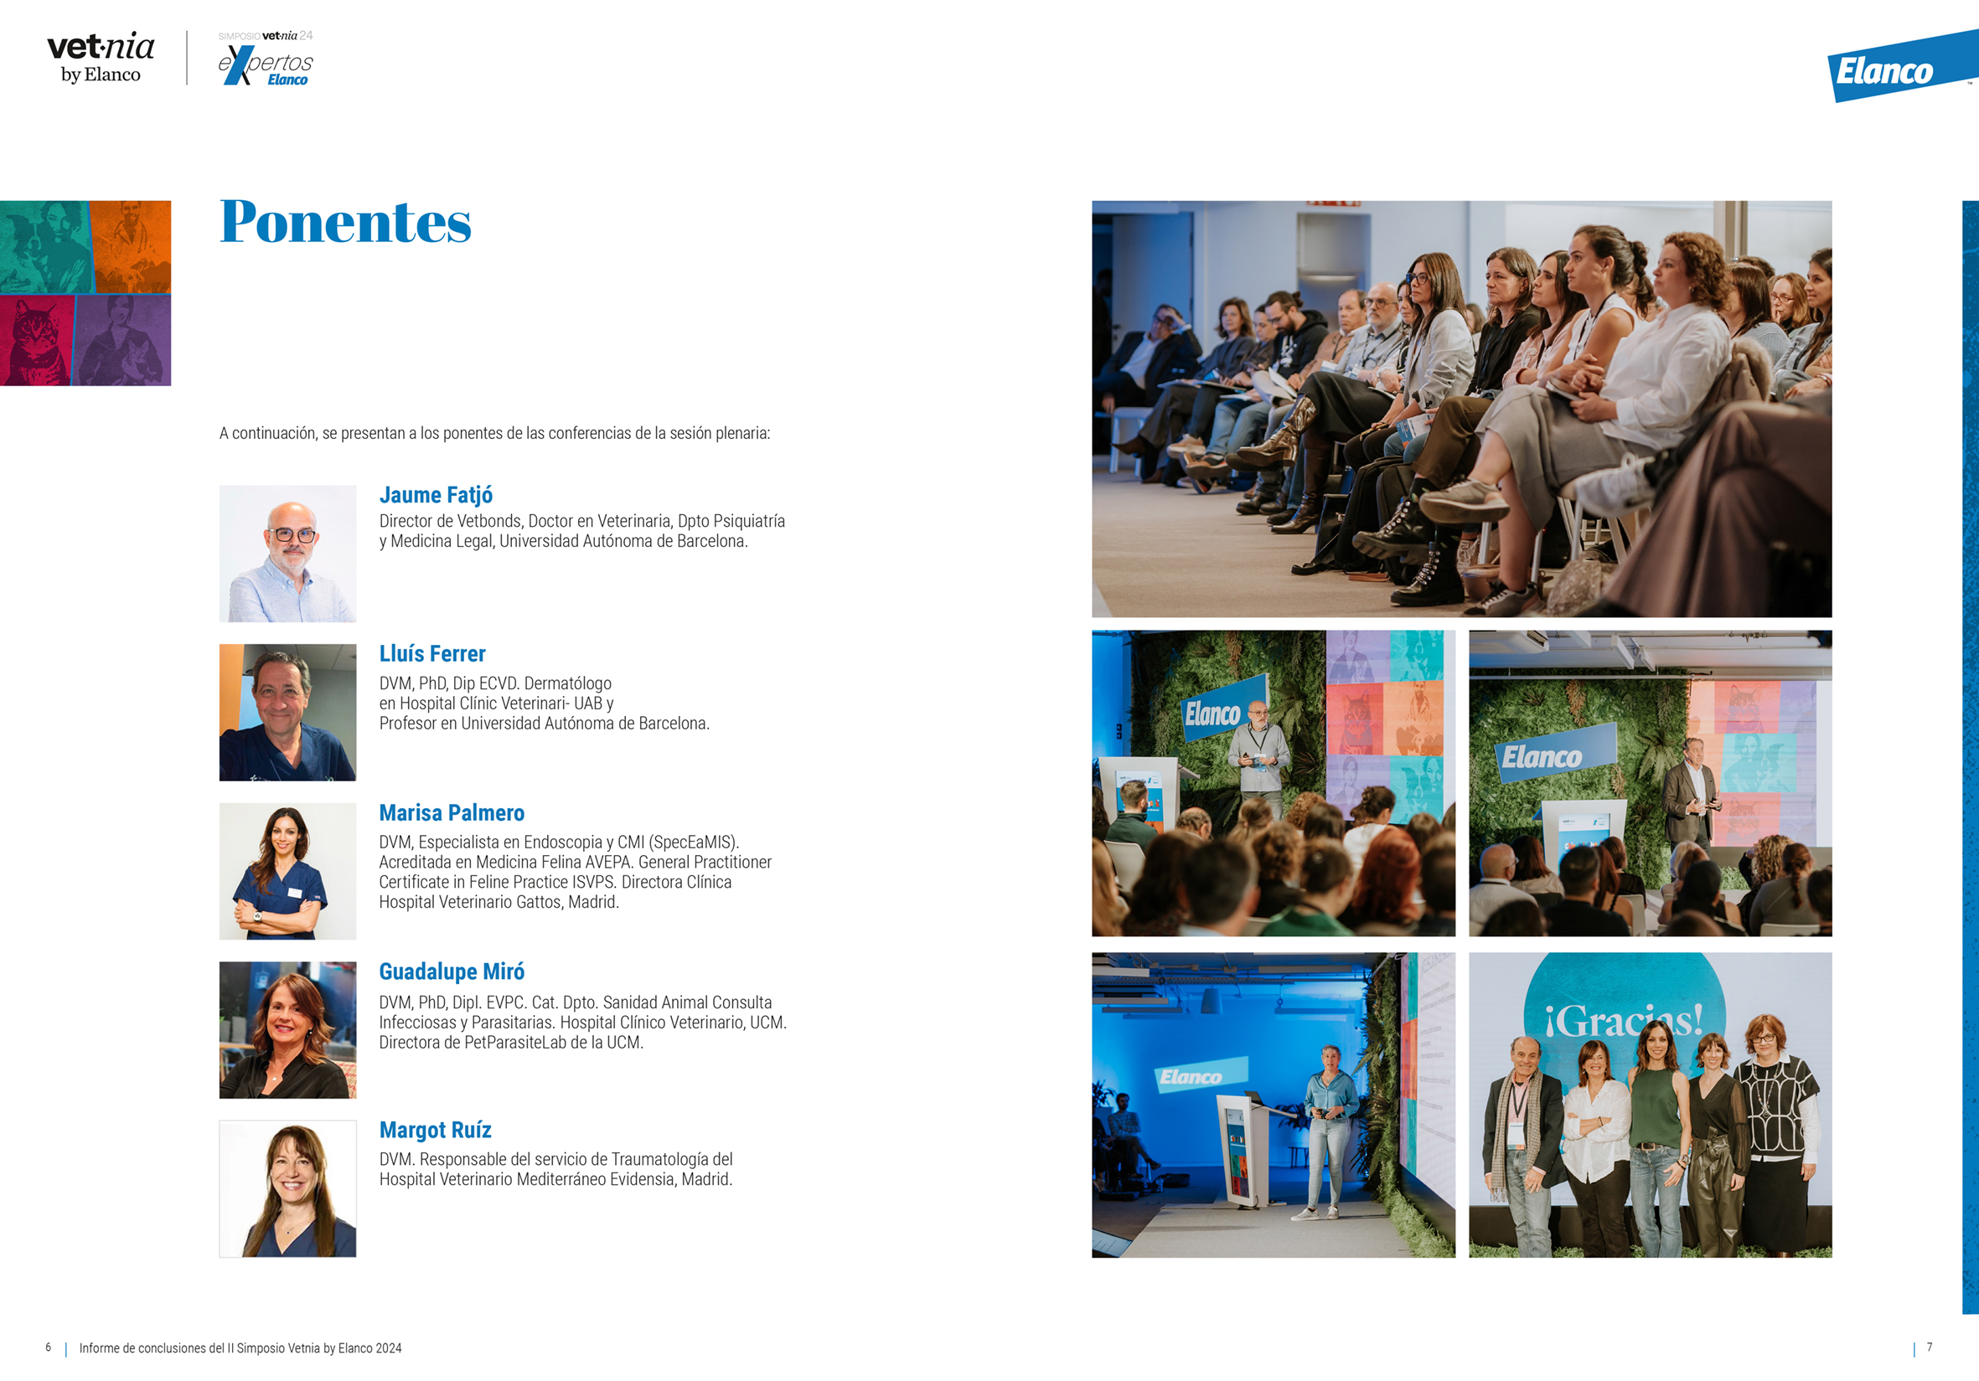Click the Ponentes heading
coord(346,221)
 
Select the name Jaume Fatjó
coord(437,496)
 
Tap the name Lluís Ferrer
coord(432,654)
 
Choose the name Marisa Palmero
coord(452,812)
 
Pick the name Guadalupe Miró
coord(452,971)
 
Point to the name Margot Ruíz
coord(436,1130)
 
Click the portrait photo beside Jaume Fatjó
coord(288,553)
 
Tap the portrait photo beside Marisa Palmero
coord(288,871)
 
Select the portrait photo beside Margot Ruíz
coord(288,1189)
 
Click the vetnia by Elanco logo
coord(101,58)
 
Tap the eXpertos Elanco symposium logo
coord(266,59)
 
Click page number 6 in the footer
coord(49,1348)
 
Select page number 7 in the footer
coord(1930,1348)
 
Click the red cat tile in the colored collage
coord(36,340)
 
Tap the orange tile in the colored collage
coord(131,247)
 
